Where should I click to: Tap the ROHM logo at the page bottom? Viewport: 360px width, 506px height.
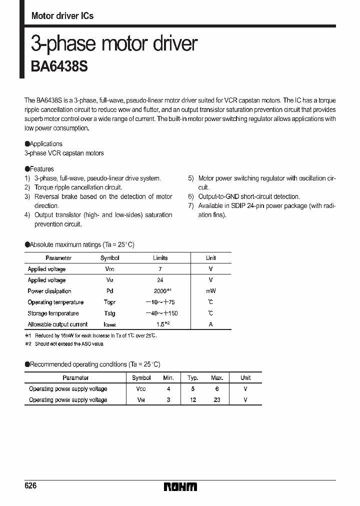tap(180, 486)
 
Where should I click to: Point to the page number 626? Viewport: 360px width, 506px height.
tap(30, 486)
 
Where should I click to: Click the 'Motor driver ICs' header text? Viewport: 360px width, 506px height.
tap(62, 15)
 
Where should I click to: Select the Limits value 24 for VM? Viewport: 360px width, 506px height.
tap(160, 280)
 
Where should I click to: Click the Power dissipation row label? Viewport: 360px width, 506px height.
tap(49, 291)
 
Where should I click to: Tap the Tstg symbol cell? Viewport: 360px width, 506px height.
tap(109, 313)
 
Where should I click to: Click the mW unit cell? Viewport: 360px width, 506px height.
tap(210, 291)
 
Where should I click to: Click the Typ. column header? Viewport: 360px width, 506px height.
tap(192, 378)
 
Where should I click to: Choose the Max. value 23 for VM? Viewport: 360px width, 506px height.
tap(217, 399)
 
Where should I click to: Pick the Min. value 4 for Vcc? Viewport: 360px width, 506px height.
tap(168, 388)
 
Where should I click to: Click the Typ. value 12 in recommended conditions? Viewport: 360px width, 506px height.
tap(192, 399)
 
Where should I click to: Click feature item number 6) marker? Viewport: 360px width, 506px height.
tap(191, 196)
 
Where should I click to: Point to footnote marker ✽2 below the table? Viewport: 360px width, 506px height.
tap(28, 344)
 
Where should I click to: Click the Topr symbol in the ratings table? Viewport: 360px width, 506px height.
tap(109, 302)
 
